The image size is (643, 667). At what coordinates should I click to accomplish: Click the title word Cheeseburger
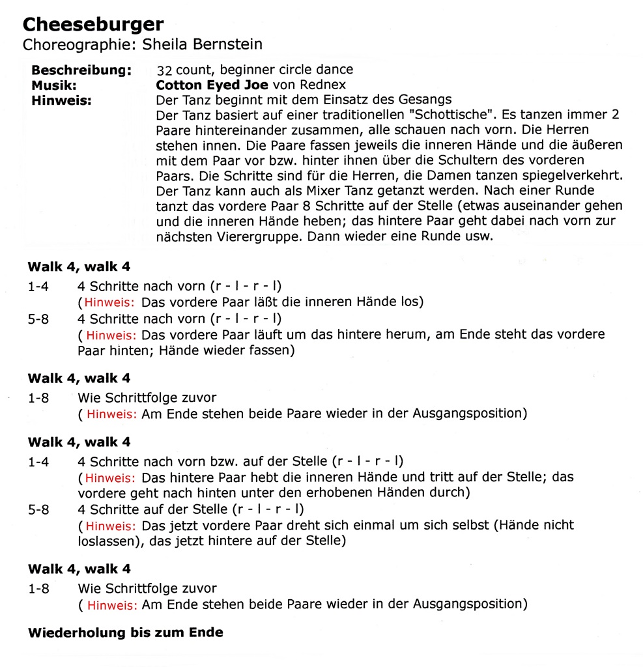pyautogui.click(x=93, y=25)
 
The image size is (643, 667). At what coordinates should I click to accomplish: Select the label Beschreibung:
pyautogui.click(x=81, y=70)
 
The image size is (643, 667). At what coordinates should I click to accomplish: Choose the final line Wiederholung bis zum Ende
pyautogui.click(x=125, y=632)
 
